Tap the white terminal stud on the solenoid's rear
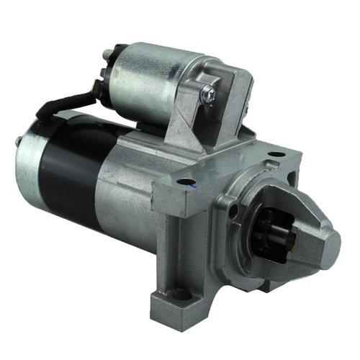107,53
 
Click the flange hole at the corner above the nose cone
276,155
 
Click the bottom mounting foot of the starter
180,302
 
